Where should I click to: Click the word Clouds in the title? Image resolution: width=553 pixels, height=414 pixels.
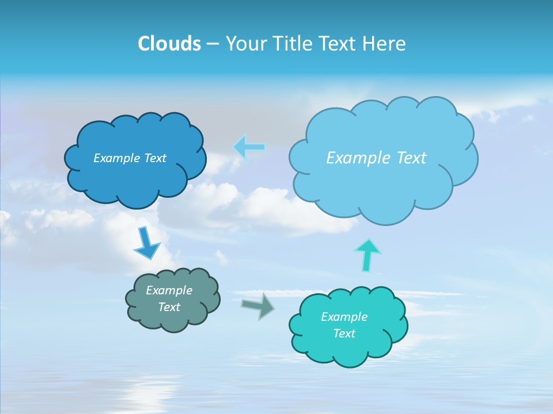(169, 44)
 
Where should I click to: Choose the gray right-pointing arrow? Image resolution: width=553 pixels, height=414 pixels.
(257, 305)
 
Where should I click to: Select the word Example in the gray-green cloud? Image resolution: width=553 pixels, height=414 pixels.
(169, 290)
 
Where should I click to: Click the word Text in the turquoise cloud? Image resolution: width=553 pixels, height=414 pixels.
(344, 333)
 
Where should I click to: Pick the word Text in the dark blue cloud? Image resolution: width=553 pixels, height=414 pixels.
(155, 158)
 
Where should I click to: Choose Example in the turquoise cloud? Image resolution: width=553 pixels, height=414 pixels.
(344, 317)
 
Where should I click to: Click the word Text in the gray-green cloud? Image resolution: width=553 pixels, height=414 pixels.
(169, 307)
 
